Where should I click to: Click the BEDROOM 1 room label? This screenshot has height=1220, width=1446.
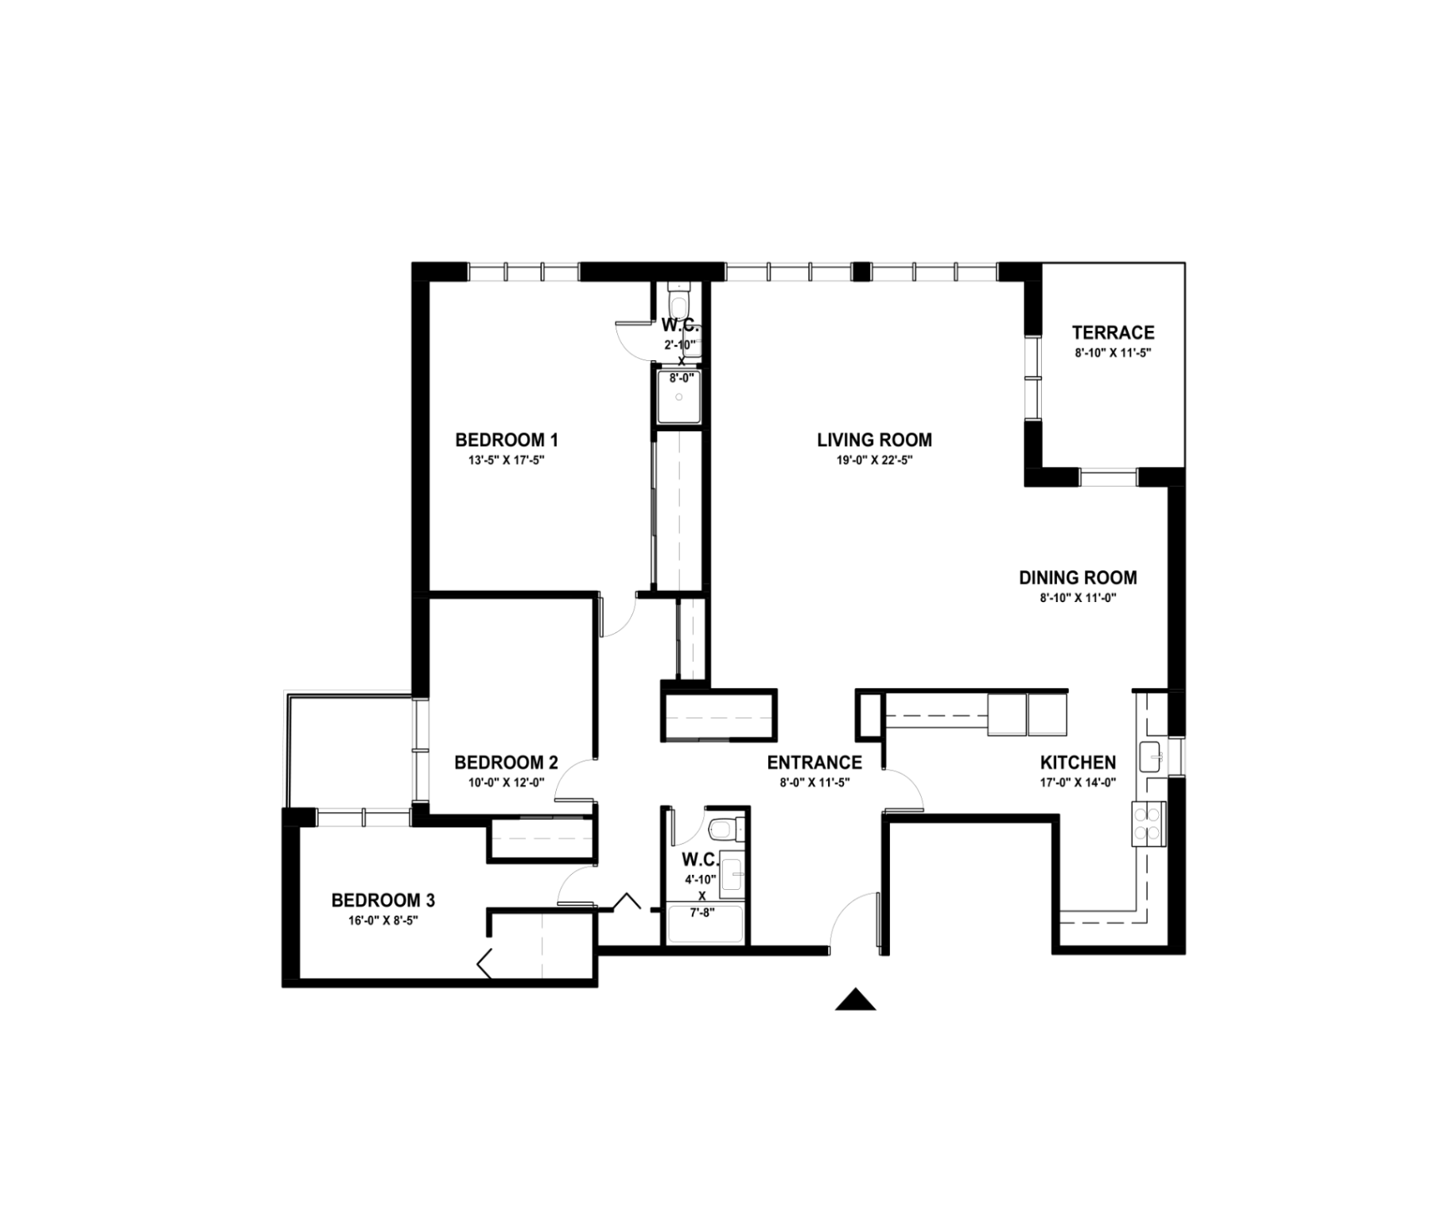point(507,440)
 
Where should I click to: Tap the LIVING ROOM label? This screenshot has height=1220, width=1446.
point(874,440)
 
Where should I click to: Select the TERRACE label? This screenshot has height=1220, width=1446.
point(1113,332)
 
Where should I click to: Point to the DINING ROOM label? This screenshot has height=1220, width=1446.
point(1078,577)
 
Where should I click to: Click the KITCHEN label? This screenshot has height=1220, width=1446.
point(1078,763)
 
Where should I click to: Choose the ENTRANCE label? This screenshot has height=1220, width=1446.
point(814,763)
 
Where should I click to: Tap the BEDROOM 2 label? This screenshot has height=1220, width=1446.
point(506,763)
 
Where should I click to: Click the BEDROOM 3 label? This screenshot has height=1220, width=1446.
point(383,900)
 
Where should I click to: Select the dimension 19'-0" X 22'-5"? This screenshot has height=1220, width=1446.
point(874,460)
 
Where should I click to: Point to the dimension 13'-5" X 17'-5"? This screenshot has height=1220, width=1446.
point(507,460)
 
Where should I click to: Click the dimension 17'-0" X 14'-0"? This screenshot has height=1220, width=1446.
point(1078,782)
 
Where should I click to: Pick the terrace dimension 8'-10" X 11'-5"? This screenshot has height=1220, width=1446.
point(1113,352)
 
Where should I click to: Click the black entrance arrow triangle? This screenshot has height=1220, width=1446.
point(855,999)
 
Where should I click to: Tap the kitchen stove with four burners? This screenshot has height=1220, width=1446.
point(1149,824)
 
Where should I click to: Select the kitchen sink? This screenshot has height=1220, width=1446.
point(1150,756)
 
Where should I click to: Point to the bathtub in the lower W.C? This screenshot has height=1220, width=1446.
point(705,924)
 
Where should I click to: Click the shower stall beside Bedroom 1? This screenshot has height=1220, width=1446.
point(679,395)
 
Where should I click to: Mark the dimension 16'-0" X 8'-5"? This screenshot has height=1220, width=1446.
point(383,920)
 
